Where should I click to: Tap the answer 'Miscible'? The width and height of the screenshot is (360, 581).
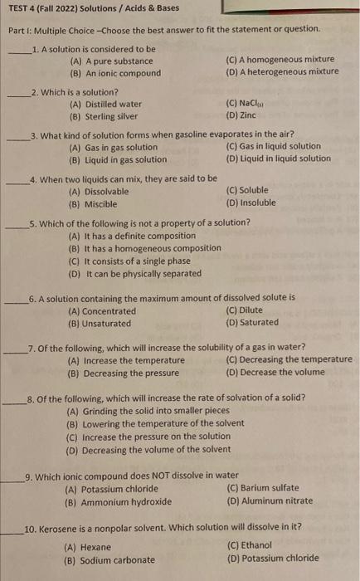click(x=103, y=202)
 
